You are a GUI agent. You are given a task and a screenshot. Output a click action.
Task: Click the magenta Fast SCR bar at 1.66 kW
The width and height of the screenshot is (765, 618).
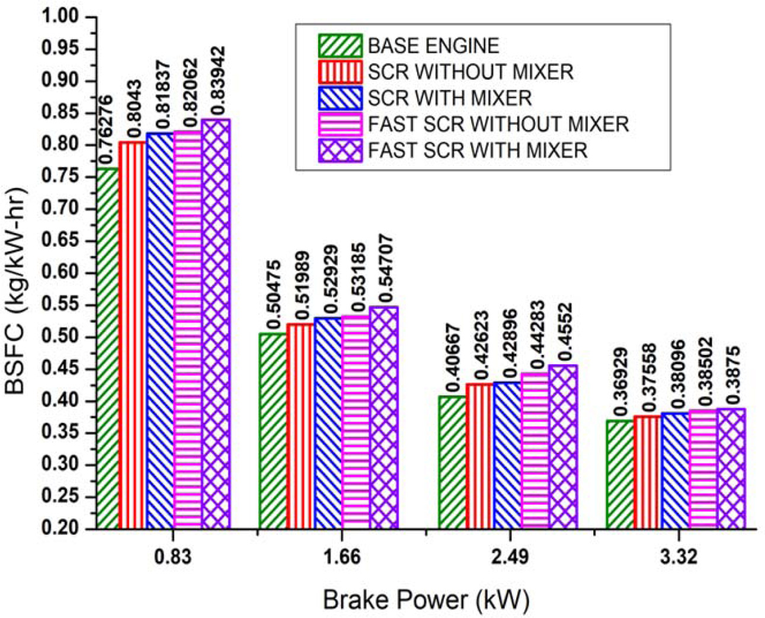coord(356,421)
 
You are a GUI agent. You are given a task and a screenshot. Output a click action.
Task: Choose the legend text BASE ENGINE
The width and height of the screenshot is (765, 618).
coord(433,46)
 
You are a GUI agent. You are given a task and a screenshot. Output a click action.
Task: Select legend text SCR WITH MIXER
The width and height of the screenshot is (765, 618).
coord(449,98)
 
